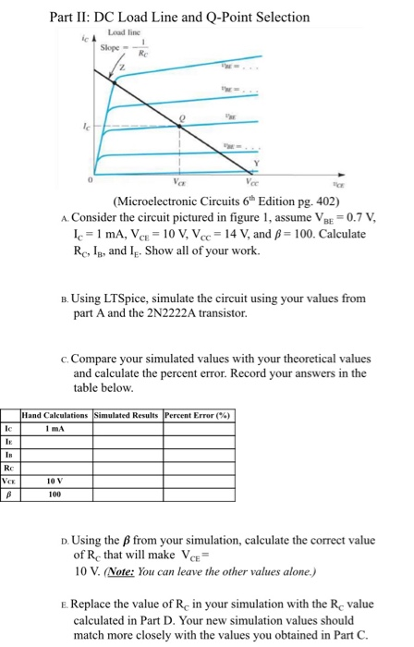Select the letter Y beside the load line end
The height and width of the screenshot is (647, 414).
coord(266,166)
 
